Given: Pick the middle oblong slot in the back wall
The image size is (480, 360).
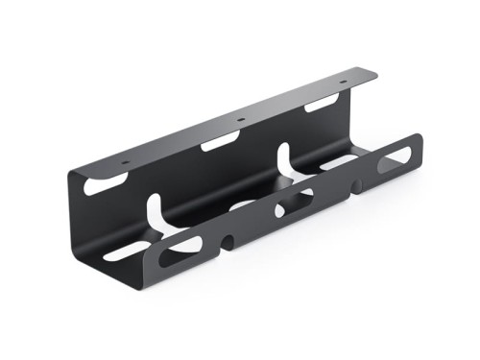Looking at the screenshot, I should (221, 144).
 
